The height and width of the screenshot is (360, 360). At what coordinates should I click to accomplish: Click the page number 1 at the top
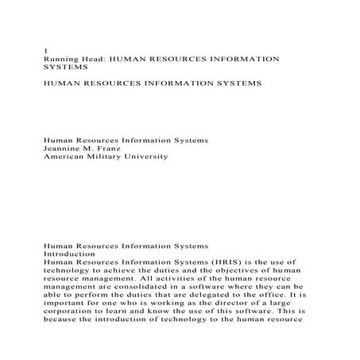[x=45, y=49]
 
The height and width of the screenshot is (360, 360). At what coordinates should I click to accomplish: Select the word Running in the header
[x=60, y=59]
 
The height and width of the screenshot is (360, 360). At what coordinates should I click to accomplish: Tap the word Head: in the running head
[x=92, y=59]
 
